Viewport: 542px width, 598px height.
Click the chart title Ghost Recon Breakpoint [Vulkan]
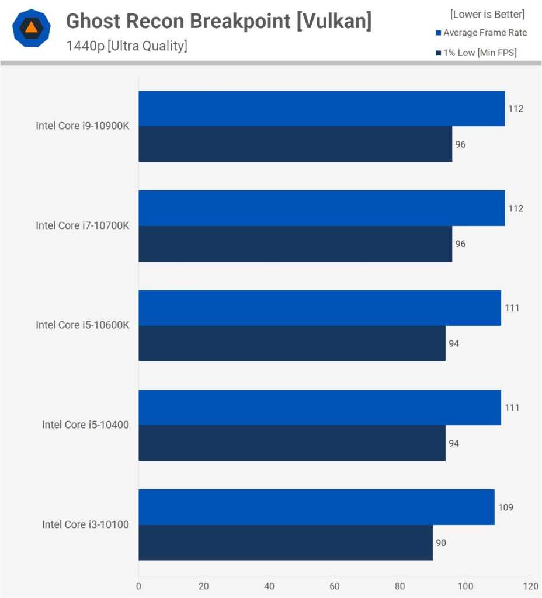[218, 22]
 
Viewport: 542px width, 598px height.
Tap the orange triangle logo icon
[31, 28]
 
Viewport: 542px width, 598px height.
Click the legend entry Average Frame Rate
[485, 33]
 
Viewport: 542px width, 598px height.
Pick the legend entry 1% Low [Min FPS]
[480, 53]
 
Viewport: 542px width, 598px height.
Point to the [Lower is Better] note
[487, 14]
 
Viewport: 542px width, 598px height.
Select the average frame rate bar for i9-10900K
[321, 109]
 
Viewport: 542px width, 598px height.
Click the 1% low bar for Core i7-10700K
[295, 244]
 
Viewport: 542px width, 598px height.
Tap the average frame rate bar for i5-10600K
[319, 308]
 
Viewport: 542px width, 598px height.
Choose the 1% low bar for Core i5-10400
[292, 443]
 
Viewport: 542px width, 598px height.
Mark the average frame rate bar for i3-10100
[316, 507]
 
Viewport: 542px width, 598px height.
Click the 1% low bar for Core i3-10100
[286, 543]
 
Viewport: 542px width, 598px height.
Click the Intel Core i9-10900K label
[82, 126]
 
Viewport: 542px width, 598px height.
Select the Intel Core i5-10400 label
[85, 425]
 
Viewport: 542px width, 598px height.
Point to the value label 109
[505, 507]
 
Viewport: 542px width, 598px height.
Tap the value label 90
[441, 543]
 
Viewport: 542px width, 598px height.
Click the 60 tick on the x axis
[335, 586]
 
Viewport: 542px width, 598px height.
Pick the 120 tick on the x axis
[530, 586]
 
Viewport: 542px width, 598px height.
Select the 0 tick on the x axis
[138, 586]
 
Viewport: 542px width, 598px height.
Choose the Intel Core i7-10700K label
[82, 225]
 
